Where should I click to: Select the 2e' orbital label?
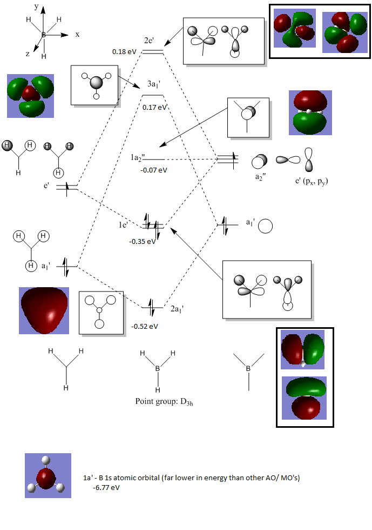[149, 41]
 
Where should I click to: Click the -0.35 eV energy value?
[142, 241]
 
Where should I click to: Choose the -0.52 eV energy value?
[145, 326]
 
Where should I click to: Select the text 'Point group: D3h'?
[164, 402]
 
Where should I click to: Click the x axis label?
[77, 34]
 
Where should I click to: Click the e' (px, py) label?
[312, 181]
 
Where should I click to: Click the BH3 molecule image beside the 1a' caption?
[48, 475]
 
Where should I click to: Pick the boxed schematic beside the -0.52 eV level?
[101, 312]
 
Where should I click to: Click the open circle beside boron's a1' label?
[265, 226]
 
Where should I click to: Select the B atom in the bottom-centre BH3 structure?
[158, 368]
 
